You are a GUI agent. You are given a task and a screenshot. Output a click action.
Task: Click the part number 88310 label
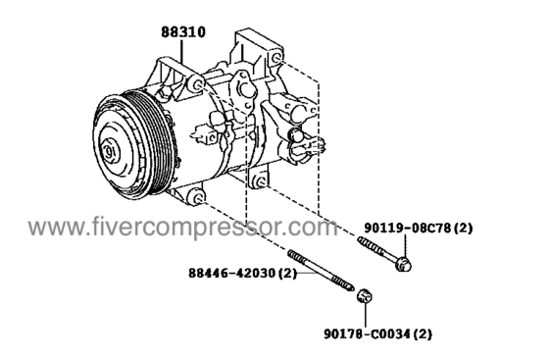183,31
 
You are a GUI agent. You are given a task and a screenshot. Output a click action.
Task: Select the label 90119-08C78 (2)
419,228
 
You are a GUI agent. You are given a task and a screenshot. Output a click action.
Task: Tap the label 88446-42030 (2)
243,273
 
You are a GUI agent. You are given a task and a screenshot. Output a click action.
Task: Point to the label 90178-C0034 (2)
377,334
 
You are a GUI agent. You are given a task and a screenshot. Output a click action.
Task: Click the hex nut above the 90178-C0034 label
364,296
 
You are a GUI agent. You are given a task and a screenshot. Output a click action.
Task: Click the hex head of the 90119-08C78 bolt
403,264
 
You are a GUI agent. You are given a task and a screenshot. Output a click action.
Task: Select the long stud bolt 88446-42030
321,271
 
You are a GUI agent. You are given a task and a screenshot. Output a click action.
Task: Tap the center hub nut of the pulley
110,152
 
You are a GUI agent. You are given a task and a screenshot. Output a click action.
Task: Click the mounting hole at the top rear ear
275,58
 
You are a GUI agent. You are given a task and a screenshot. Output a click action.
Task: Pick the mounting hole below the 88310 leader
198,85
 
